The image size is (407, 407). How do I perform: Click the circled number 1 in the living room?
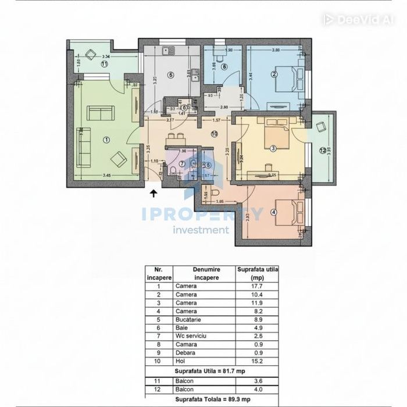click(106, 140)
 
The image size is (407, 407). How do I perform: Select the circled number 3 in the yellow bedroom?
click(273, 148)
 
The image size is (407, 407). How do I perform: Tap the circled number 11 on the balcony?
click(104, 65)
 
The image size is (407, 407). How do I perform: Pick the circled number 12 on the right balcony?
click(323, 151)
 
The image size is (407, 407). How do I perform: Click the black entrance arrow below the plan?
click(153, 194)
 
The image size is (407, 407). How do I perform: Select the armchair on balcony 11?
click(91, 55)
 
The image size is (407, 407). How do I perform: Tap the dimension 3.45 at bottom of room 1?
click(106, 174)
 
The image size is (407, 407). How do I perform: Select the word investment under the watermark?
click(201, 230)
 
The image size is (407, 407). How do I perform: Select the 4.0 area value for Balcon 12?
click(259, 389)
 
